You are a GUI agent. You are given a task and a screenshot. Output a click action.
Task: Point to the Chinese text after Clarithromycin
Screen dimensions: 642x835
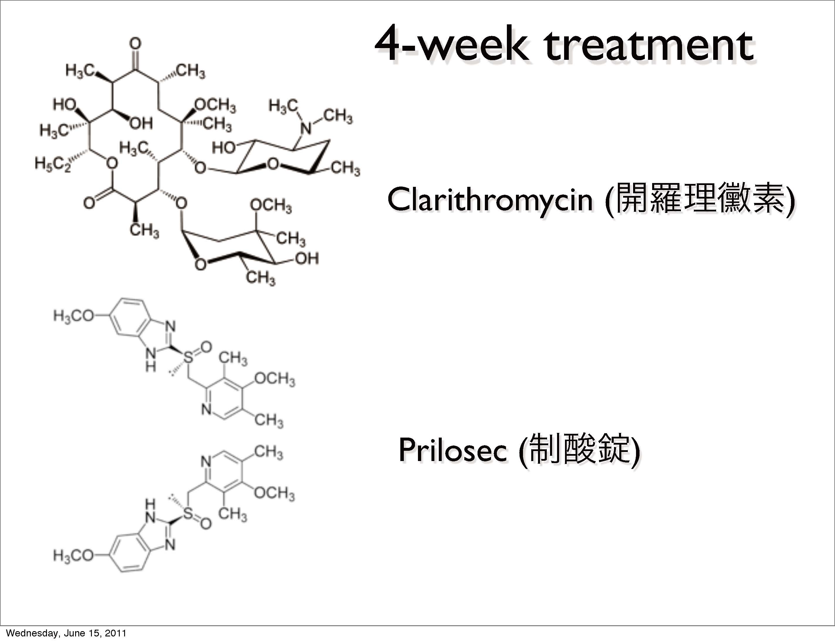tap(705, 199)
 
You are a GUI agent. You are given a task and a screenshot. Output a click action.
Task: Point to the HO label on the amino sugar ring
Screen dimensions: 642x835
tap(224, 147)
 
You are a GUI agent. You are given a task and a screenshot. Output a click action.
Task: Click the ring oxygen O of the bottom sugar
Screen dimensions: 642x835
tap(200, 264)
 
